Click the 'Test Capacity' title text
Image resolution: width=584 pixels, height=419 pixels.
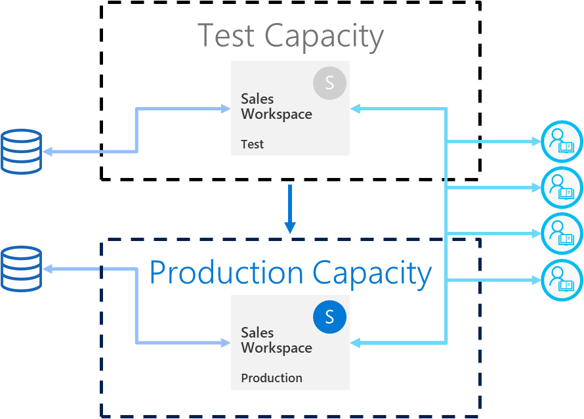click(290, 35)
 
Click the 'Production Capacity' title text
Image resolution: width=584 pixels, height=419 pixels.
click(290, 273)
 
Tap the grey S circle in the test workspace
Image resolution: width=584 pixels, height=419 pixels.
click(329, 83)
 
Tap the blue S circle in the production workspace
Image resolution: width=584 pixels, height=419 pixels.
click(329, 317)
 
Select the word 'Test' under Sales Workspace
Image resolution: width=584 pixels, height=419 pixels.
click(252, 144)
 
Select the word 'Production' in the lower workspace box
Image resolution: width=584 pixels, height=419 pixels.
click(271, 378)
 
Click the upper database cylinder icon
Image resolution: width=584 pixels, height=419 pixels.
click(21, 152)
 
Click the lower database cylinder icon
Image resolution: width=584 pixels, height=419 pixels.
click(21, 269)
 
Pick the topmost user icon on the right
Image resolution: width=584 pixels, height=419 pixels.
click(562, 141)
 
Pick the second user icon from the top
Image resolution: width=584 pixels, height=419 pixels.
click(562, 188)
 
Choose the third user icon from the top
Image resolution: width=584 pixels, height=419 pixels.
click(562, 234)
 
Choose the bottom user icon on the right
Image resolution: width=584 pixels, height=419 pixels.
click(562, 280)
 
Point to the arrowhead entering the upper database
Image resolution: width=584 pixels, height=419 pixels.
click(48, 152)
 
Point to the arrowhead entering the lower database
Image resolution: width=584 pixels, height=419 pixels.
click(48, 269)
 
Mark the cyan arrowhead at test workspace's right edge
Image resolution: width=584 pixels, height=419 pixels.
click(355, 109)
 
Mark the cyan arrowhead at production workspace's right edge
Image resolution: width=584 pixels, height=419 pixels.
click(355, 343)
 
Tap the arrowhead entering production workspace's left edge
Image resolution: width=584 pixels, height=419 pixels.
click(226, 343)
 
